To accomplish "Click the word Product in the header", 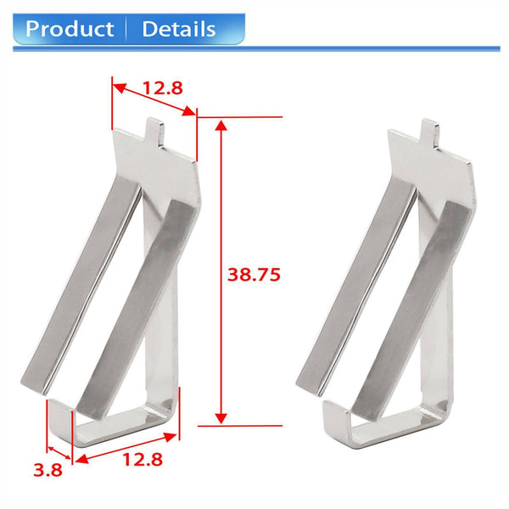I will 70,29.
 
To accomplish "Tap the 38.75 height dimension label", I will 254,275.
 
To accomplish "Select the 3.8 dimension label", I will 46,469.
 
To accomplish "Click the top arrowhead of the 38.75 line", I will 221,126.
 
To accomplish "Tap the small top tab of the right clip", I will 430,130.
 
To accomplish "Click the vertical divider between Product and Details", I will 128,29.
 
